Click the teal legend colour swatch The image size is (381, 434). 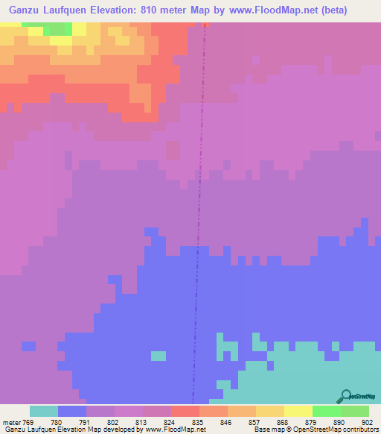44,411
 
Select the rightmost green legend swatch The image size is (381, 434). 354,411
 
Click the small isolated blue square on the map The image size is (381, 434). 28,346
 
